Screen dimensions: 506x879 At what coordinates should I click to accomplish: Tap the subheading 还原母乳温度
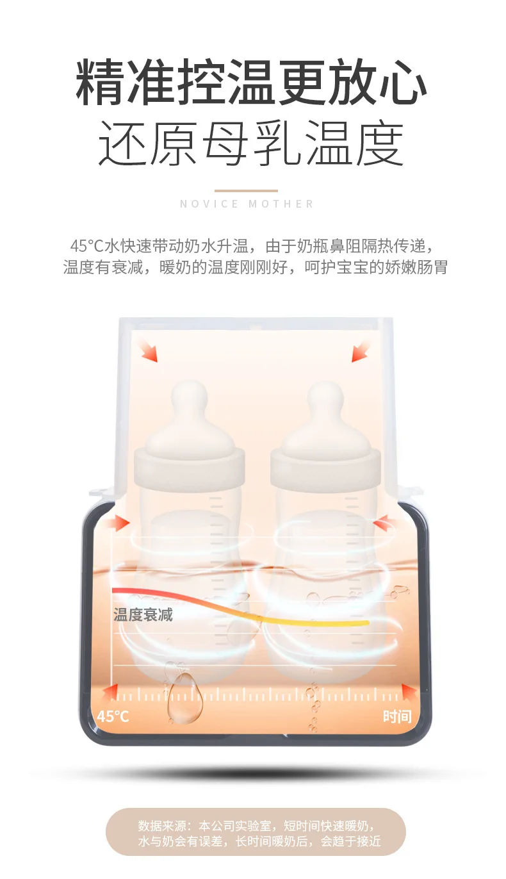click(251, 144)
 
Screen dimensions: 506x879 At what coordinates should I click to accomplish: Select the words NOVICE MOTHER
click(247, 204)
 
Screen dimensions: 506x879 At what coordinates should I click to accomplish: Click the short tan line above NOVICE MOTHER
click(246, 191)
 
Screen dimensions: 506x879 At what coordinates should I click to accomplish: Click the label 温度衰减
click(143, 614)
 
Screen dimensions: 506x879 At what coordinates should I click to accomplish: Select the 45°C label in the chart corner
click(113, 716)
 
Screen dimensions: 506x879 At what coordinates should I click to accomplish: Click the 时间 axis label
click(397, 716)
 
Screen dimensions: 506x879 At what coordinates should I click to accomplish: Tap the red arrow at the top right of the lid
click(361, 351)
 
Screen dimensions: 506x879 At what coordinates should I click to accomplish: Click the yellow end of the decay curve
click(365, 622)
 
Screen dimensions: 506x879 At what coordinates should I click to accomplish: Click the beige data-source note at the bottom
click(256, 831)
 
